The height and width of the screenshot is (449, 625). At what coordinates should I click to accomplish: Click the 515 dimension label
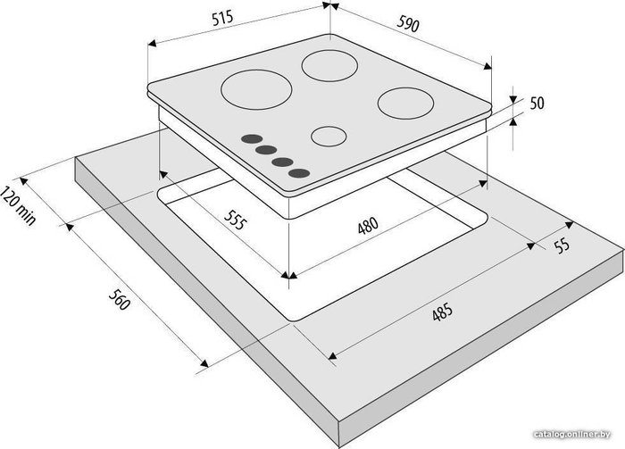coord(222,19)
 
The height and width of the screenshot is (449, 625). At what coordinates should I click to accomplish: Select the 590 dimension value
coord(408,23)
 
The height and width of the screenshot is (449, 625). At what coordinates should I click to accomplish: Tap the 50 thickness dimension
coord(537,103)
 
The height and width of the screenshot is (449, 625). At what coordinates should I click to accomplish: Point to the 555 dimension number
coord(234,220)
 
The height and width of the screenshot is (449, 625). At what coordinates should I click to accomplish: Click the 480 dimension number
coord(368,226)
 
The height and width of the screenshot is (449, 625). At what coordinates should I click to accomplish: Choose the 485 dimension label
coord(442,312)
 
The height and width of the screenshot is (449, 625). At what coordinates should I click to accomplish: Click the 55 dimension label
coord(562,245)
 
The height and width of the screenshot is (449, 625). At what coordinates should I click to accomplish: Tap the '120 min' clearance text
coord(18,205)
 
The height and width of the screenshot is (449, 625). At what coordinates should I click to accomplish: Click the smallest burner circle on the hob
coord(329,137)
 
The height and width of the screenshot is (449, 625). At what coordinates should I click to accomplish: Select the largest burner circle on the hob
coord(256,89)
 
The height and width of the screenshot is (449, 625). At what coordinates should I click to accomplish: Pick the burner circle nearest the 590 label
coord(329,66)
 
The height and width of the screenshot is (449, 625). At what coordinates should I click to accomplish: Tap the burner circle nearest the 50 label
coord(405,104)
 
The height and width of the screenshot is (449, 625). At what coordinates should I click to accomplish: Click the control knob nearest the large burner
coord(252,139)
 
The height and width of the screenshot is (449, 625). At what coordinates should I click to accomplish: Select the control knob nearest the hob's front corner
coord(299,173)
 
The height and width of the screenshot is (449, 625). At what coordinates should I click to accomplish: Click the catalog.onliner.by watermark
coord(572,434)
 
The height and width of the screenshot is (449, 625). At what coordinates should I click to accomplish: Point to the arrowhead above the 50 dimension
coord(513,99)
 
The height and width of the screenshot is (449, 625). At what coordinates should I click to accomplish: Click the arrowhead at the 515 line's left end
coord(152,43)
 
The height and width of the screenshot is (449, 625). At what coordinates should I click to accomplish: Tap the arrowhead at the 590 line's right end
coord(487,66)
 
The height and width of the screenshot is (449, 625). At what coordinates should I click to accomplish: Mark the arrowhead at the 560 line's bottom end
coord(204,363)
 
